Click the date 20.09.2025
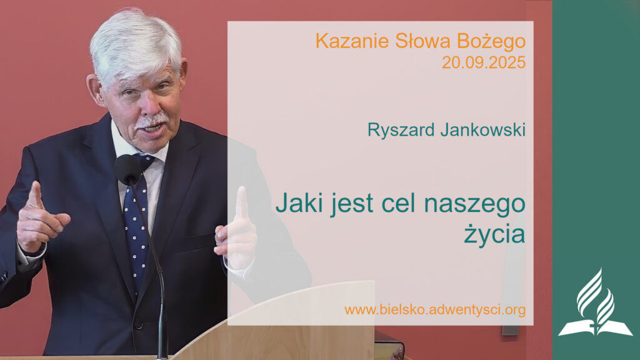(x=483, y=62)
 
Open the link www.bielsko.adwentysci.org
(x=434, y=310)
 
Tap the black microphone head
(x=128, y=169)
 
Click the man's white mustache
(x=152, y=119)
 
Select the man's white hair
(x=134, y=41)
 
